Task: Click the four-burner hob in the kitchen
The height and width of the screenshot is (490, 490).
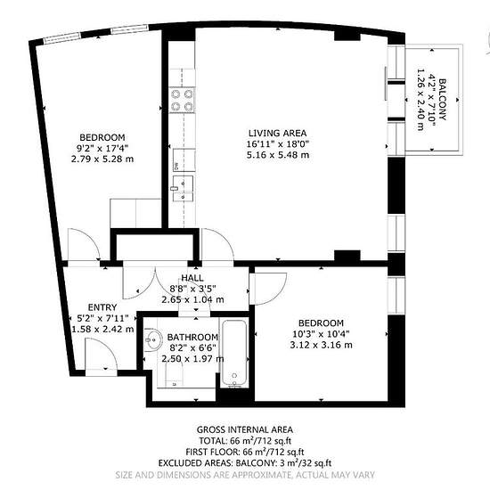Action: [x=182, y=100]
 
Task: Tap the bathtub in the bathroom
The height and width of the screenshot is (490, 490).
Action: [x=234, y=354]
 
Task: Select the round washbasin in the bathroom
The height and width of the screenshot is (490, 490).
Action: [x=153, y=340]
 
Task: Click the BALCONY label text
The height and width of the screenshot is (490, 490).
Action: [x=443, y=100]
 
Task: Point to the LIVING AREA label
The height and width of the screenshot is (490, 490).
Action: [x=277, y=133]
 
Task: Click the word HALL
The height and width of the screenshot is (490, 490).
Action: [x=192, y=278]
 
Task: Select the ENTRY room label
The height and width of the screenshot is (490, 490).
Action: [x=102, y=307]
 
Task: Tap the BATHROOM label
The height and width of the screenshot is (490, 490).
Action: [x=192, y=337]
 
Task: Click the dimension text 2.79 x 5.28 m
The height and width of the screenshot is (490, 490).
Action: [x=102, y=159]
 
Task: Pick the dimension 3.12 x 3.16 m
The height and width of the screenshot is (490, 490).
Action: [x=321, y=345]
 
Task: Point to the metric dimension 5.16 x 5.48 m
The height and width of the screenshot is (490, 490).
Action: [x=278, y=155]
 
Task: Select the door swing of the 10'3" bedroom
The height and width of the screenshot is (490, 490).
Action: [x=271, y=289]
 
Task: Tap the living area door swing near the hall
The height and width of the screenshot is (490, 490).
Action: [x=217, y=244]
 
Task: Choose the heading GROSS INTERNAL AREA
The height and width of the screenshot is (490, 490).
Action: [x=245, y=429]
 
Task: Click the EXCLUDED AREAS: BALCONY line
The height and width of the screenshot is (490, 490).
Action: [x=245, y=462]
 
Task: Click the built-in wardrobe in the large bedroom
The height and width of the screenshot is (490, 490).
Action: [x=135, y=213]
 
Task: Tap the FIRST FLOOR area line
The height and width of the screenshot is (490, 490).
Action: [x=245, y=452]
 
